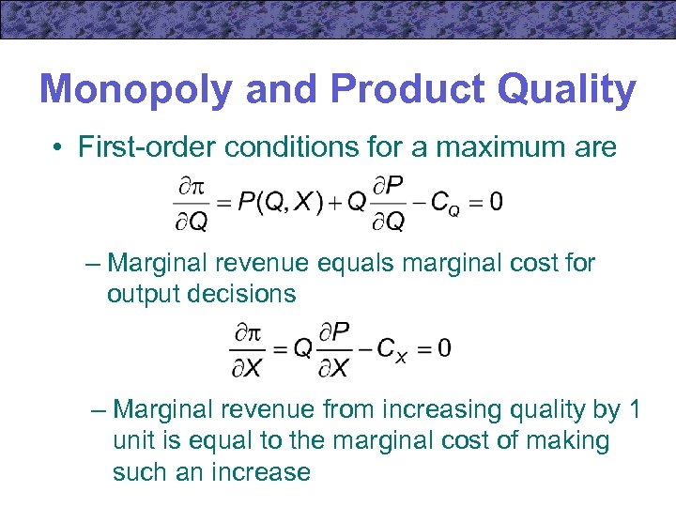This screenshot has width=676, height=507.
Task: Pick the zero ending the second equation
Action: (x=443, y=348)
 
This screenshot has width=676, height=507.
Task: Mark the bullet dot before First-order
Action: (x=58, y=147)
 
